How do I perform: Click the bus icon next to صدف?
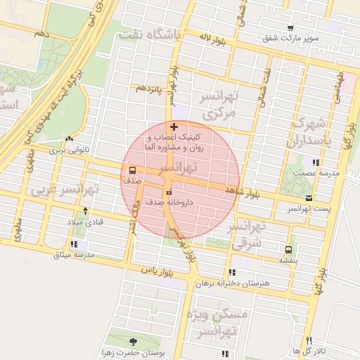(x=131, y=170)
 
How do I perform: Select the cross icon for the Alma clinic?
(x=174, y=127)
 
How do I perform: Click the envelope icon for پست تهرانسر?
(x=310, y=199)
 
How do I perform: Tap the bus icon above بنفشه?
(x=289, y=250)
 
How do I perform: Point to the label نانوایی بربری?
(x=66, y=150)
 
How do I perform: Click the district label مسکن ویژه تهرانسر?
(x=214, y=323)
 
